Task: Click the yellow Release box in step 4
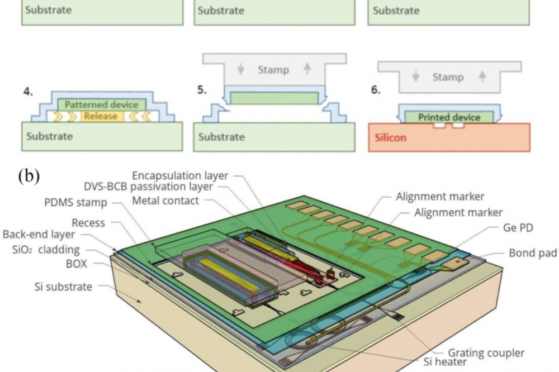102,116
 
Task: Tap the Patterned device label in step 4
101,105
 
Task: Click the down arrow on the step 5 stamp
240,69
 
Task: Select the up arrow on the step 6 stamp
482,77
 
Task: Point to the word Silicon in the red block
390,137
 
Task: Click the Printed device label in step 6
449,117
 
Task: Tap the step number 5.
202,90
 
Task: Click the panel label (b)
29,175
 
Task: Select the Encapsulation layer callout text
180,175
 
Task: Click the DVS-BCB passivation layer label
148,187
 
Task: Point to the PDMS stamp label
75,202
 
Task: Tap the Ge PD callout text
518,227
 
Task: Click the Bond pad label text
533,252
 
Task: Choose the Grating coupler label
486,353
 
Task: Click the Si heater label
445,362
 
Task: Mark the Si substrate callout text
63,287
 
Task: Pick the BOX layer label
76,264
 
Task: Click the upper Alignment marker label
440,197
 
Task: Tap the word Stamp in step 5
273,69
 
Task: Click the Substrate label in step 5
221,137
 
